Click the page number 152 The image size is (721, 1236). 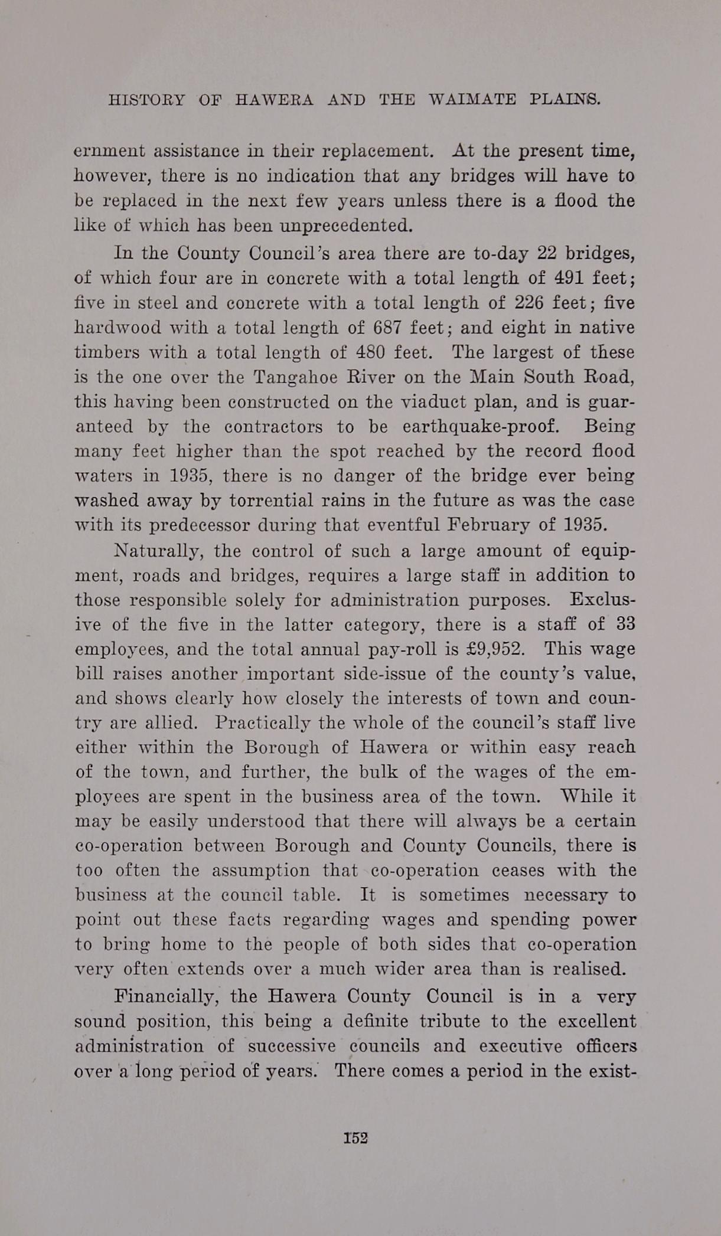point(355,1137)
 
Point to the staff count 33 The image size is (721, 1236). point(625,624)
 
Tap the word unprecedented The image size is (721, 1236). point(345,226)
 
